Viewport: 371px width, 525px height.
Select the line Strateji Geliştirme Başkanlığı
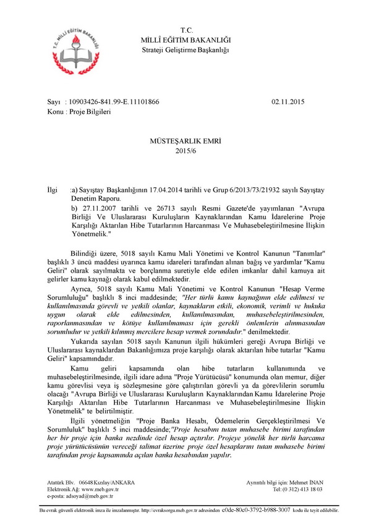[185, 49]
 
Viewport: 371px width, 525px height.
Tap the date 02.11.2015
[288, 101]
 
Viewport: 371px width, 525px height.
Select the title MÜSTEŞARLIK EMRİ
[185, 142]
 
